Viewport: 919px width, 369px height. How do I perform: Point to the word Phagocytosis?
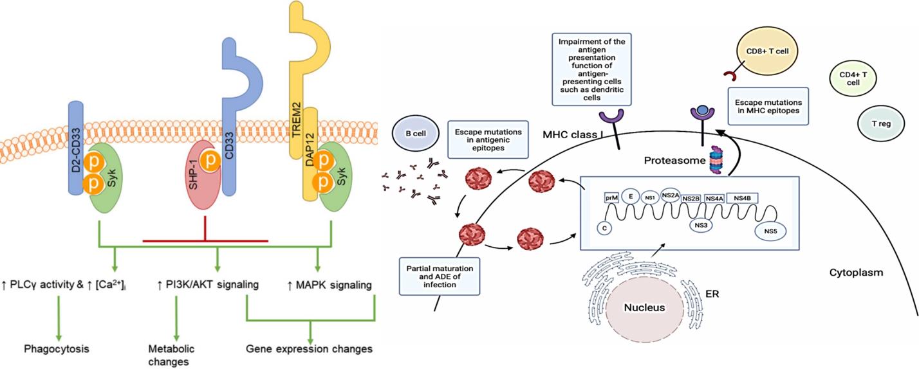(56, 349)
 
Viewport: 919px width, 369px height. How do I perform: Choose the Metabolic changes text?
(171, 355)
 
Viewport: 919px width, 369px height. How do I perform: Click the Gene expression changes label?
(310, 349)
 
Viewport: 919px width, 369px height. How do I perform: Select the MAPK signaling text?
(330, 283)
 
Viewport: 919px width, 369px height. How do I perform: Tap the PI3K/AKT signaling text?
(203, 283)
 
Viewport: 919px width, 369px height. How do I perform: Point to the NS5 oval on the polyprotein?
(770, 230)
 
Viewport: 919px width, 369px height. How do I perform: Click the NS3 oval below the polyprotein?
(700, 225)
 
